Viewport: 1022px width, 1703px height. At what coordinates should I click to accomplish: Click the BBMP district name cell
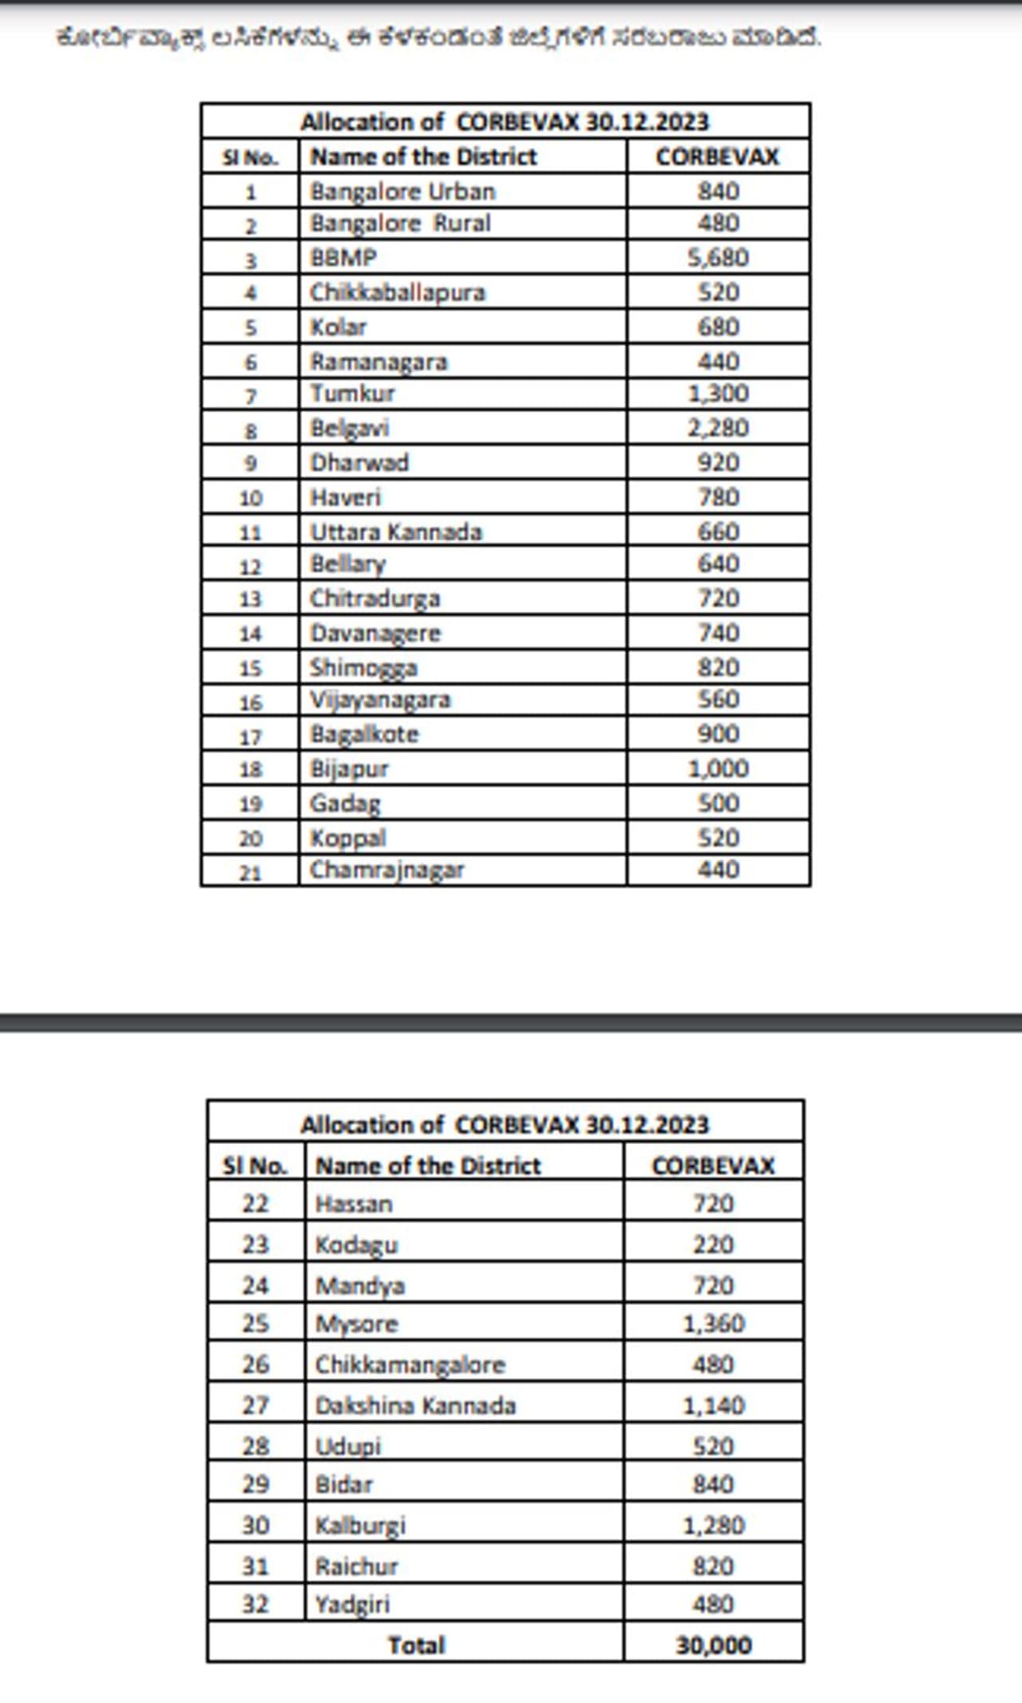(x=343, y=258)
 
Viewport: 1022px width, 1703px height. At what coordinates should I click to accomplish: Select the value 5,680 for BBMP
(x=718, y=258)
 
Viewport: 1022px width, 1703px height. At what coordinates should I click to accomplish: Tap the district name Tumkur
(x=352, y=394)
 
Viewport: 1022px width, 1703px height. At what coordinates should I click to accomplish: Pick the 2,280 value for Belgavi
(x=718, y=428)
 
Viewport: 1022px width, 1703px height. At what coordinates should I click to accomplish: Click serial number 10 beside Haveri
(x=251, y=498)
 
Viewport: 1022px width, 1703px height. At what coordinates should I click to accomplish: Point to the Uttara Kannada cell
(x=396, y=532)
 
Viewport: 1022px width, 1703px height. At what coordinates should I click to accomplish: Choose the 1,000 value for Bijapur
(x=718, y=769)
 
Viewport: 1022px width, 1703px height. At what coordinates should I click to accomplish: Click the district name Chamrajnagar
(x=386, y=869)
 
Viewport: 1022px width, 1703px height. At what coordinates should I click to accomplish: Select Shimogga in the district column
(x=363, y=667)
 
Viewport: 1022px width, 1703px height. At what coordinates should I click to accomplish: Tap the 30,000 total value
(x=713, y=1645)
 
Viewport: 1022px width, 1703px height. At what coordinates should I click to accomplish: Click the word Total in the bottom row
(x=416, y=1645)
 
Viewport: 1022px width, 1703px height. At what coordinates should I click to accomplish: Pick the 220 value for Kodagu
(x=713, y=1244)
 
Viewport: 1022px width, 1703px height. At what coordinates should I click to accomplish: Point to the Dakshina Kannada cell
(x=415, y=1405)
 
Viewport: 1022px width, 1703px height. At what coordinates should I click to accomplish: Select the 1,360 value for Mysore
(x=713, y=1324)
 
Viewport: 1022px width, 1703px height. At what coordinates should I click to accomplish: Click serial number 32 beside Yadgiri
(x=255, y=1603)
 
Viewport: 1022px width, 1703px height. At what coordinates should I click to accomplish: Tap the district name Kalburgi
(x=360, y=1525)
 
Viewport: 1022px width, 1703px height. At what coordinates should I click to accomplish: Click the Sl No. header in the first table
(x=251, y=157)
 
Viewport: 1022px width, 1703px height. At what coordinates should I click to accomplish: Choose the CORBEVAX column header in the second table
(x=713, y=1166)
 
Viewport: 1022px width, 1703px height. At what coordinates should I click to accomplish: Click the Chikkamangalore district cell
(x=410, y=1364)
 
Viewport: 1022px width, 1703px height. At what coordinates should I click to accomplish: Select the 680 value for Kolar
(x=718, y=327)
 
